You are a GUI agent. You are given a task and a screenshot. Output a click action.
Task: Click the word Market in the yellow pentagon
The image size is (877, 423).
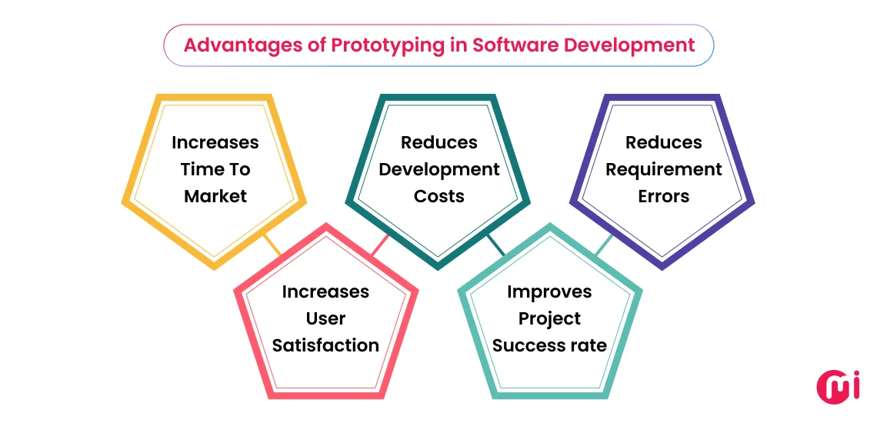pos(215,196)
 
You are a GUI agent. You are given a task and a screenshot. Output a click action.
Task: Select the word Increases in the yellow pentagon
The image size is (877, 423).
pos(215,142)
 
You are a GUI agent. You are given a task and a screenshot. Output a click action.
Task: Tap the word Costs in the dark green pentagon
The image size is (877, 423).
pos(439,196)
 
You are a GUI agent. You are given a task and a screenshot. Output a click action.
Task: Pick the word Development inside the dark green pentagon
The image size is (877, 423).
pos(439,169)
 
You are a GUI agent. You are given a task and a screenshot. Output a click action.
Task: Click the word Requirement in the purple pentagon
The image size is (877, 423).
pos(663,169)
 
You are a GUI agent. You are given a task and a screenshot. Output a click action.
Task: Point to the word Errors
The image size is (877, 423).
pos(663,196)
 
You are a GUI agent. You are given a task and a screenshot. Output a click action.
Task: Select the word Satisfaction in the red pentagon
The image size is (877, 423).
pos(325,345)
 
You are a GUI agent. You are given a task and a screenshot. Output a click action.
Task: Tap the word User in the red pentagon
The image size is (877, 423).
pos(325,318)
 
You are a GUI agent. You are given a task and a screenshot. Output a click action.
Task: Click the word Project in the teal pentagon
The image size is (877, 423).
pos(549,318)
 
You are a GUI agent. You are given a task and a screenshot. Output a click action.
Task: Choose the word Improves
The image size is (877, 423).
pos(549,291)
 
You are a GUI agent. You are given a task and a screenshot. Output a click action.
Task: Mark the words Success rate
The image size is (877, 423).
pos(549,345)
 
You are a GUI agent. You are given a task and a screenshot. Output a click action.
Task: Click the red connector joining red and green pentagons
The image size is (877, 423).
pos(380,245)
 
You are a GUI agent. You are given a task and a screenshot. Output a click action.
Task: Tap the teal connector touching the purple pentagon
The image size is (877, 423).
pos(605,245)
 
